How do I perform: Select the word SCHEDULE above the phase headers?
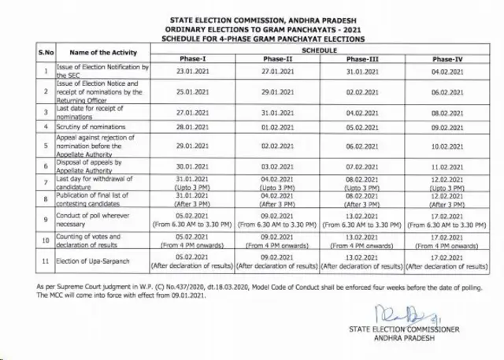click(x=319, y=49)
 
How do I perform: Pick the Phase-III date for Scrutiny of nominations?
click(x=363, y=126)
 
